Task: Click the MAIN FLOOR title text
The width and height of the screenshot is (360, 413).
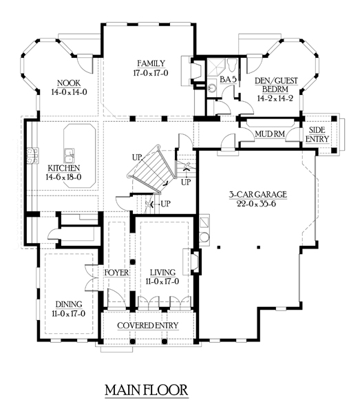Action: pyautogui.click(x=147, y=390)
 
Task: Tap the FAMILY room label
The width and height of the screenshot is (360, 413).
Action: pyautogui.click(x=151, y=63)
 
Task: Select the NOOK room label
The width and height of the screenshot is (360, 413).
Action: pyautogui.click(x=69, y=83)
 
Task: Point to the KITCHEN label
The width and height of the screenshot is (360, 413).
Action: pyautogui.click(x=64, y=168)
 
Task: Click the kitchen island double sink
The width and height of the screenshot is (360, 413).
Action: pyautogui.click(x=70, y=156)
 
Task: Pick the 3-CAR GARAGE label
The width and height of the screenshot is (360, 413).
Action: pyautogui.click(x=257, y=194)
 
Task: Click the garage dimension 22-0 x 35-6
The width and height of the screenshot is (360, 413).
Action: pyautogui.click(x=257, y=204)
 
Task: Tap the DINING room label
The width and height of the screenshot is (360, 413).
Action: pyautogui.click(x=69, y=304)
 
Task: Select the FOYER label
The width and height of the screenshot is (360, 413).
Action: pyautogui.click(x=116, y=273)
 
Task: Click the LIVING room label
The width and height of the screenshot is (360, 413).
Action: pyautogui.click(x=162, y=273)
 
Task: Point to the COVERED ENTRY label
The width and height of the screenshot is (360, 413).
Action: pyautogui.click(x=148, y=326)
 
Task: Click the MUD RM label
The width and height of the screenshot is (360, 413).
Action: pyautogui.click(x=270, y=134)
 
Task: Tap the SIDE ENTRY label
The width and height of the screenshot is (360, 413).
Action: pyautogui.click(x=317, y=134)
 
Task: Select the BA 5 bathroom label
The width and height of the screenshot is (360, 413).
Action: pyautogui.click(x=228, y=80)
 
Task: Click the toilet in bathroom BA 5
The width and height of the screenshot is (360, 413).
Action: pyautogui.click(x=232, y=65)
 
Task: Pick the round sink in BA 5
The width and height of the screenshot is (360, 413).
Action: pyautogui.click(x=211, y=87)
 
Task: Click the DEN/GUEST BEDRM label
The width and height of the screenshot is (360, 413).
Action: pyautogui.click(x=276, y=89)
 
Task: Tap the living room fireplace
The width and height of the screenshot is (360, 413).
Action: pyautogui.click(x=195, y=262)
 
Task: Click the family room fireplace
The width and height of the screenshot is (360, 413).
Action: pyautogui.click(x=197, y=70)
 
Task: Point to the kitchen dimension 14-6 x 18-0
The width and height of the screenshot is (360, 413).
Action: pyautogui.click(x=63, y=177)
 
